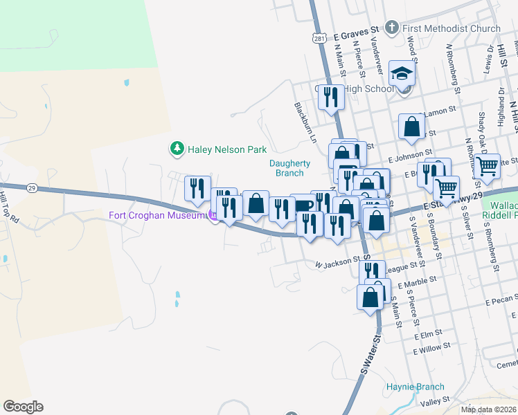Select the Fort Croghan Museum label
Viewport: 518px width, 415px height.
(157, 215)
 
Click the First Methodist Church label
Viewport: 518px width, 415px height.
(451, 28)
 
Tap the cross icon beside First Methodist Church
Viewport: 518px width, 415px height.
(391, 28)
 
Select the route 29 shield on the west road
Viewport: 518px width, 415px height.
(32, 187)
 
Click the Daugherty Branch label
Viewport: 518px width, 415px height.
(289, 168)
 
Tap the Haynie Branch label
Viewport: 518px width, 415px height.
(415, 387)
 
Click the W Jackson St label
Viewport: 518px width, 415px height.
(337, 263)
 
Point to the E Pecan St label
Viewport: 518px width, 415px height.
(501, 302)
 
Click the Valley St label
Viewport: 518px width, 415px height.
(436, 401)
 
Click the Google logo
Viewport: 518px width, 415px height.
(23, 406)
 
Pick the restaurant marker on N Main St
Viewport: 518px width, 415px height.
(331, 98)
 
